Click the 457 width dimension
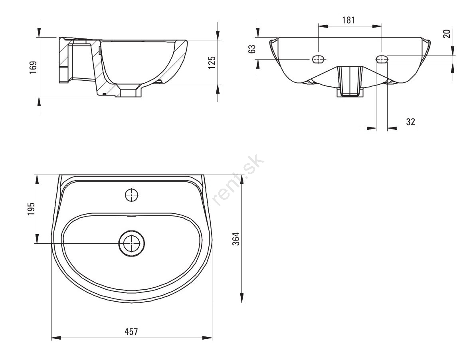point(131,332)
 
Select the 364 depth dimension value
point(236,239)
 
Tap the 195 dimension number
point(31,209)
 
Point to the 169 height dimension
point(33,68)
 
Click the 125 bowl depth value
point(212,62)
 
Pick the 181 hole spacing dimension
point(348,20)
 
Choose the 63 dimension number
point(252,49)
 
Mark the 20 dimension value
point(447,33)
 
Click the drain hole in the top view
point(131,243)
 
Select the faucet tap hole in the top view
point(132,195)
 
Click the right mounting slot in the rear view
point(382,59)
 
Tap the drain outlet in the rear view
point(350,82)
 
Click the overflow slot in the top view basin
point(131,217)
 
